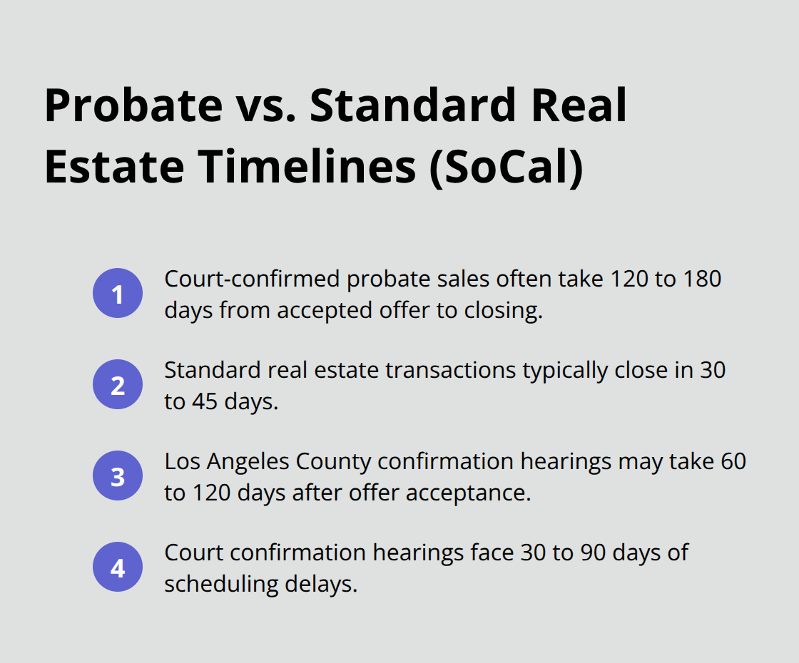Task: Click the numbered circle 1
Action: coord(118,294)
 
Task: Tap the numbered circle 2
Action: coord(118,385)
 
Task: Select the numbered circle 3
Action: coord(118,476)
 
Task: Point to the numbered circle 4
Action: coord(118,568)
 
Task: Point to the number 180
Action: coord(701,279)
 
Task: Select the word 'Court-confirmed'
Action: coord(252,279)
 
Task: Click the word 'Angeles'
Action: coord(252,461)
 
